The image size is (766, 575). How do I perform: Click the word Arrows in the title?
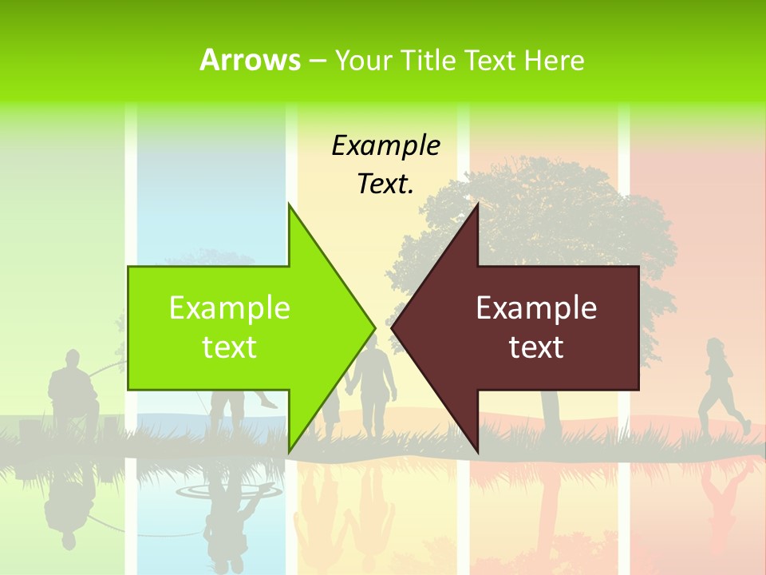coord(251,60)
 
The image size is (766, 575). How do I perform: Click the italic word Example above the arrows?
coord(385,145)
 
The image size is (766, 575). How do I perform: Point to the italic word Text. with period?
coord(385,184)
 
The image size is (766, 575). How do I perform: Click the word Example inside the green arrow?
coord(229,307)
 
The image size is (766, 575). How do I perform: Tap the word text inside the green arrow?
coord(229,347)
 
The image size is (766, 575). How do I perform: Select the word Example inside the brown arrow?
coord(536,307)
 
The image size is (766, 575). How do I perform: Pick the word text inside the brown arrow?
coord(536,347)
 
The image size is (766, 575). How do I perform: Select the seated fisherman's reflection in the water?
coord(68,503)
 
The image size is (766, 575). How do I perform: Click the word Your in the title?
coord(364,60)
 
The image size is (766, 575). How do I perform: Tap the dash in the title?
coord(317,60)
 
